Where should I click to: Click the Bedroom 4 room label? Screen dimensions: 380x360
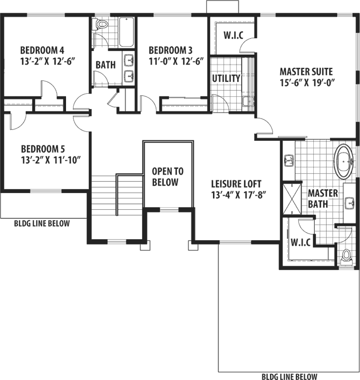coord(42,50)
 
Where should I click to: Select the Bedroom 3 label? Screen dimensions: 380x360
coord(170,50)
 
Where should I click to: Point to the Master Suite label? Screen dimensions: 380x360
coord(305,71)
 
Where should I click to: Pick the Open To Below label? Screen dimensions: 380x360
coord(167,177)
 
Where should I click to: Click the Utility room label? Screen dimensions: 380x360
coord(226,78)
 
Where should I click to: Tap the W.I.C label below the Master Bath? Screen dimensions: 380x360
coord(301,243)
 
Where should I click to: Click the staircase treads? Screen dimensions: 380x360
coord(103,195)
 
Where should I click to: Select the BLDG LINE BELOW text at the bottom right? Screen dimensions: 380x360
coord(289,376)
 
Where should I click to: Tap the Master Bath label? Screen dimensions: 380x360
coord(323,197)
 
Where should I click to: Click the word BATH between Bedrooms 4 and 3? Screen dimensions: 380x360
coord(105,64)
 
